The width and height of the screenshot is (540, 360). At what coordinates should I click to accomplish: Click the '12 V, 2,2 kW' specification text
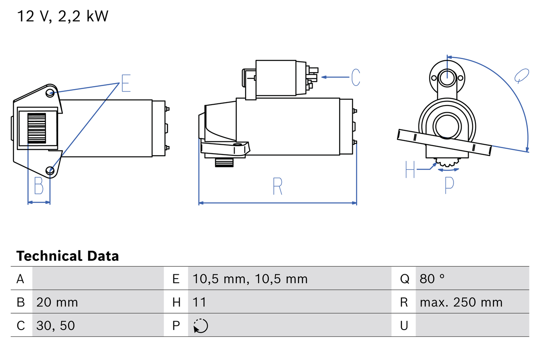[62, 16]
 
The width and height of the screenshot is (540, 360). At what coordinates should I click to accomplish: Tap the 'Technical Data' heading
[67, 256]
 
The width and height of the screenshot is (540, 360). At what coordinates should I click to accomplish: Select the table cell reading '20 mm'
[57, 302]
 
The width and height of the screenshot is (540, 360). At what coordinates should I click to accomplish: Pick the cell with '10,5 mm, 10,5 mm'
[250, 279]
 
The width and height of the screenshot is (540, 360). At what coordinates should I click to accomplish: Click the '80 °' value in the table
[432, 279]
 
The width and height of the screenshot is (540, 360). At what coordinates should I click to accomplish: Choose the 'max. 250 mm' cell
[461, 302]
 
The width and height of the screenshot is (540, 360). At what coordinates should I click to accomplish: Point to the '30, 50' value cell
[56, 325]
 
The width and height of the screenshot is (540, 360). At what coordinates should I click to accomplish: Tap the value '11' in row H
[199, 302]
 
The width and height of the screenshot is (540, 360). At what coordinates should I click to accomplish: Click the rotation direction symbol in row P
[200, 325]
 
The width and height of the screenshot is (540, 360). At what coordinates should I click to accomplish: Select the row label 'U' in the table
[404, 325]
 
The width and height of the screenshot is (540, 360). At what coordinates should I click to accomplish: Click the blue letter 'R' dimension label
[277, 186]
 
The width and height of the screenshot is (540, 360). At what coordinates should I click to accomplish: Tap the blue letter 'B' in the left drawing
[39, 186]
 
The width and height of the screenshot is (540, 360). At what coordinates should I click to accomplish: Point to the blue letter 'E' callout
[126, 83]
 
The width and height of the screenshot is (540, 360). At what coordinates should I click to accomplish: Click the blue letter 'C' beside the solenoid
[355, 77]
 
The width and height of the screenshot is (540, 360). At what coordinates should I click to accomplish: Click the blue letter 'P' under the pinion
[449, 184]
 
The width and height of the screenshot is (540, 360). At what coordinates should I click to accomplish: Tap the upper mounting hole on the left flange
[50, 92]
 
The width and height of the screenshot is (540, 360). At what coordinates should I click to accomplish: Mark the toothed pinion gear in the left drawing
[37, 128]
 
